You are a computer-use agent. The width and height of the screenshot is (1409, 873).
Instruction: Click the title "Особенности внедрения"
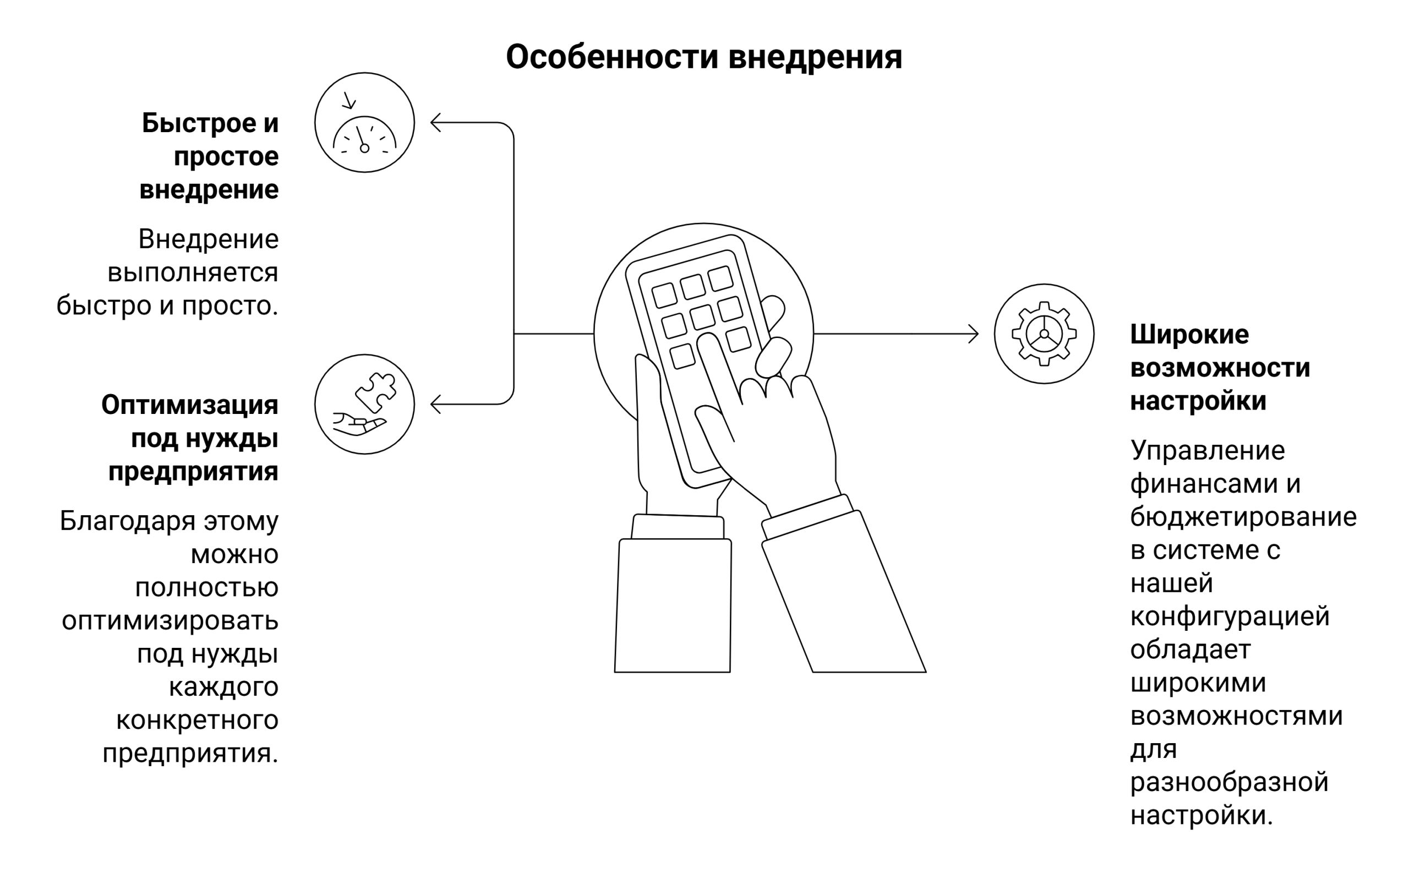click(703, 57)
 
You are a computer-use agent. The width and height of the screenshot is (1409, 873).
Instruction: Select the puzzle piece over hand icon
click(364, 404)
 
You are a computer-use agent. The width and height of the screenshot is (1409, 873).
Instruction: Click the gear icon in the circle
click(1044, 334)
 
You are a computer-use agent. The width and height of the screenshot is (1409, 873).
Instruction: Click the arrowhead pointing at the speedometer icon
click(435, 122)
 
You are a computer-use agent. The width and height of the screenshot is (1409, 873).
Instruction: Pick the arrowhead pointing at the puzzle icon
click(435, 404)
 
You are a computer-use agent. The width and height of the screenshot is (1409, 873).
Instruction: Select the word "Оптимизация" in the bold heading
click(189, 405)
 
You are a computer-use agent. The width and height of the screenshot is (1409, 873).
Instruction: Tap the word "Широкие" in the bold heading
click(1189, 335)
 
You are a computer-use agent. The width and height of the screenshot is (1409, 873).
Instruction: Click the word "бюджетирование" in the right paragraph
click(1243, 517)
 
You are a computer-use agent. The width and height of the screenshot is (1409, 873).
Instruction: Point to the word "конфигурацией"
click(1230, 616)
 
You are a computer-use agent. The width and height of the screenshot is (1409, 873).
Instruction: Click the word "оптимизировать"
click(170, 621)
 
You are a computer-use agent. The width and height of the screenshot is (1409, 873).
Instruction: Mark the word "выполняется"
click(193, 272)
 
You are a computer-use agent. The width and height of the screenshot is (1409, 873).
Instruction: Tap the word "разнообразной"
click(1229, 783)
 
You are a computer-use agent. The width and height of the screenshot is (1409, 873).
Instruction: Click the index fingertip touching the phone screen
click(707, 342)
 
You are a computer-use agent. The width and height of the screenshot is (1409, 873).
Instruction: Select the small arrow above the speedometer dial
click(348, 101)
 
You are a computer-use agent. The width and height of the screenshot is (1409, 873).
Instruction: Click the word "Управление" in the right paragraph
click(1207, 450)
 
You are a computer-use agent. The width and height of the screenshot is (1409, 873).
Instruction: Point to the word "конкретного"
click(197, 721)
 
